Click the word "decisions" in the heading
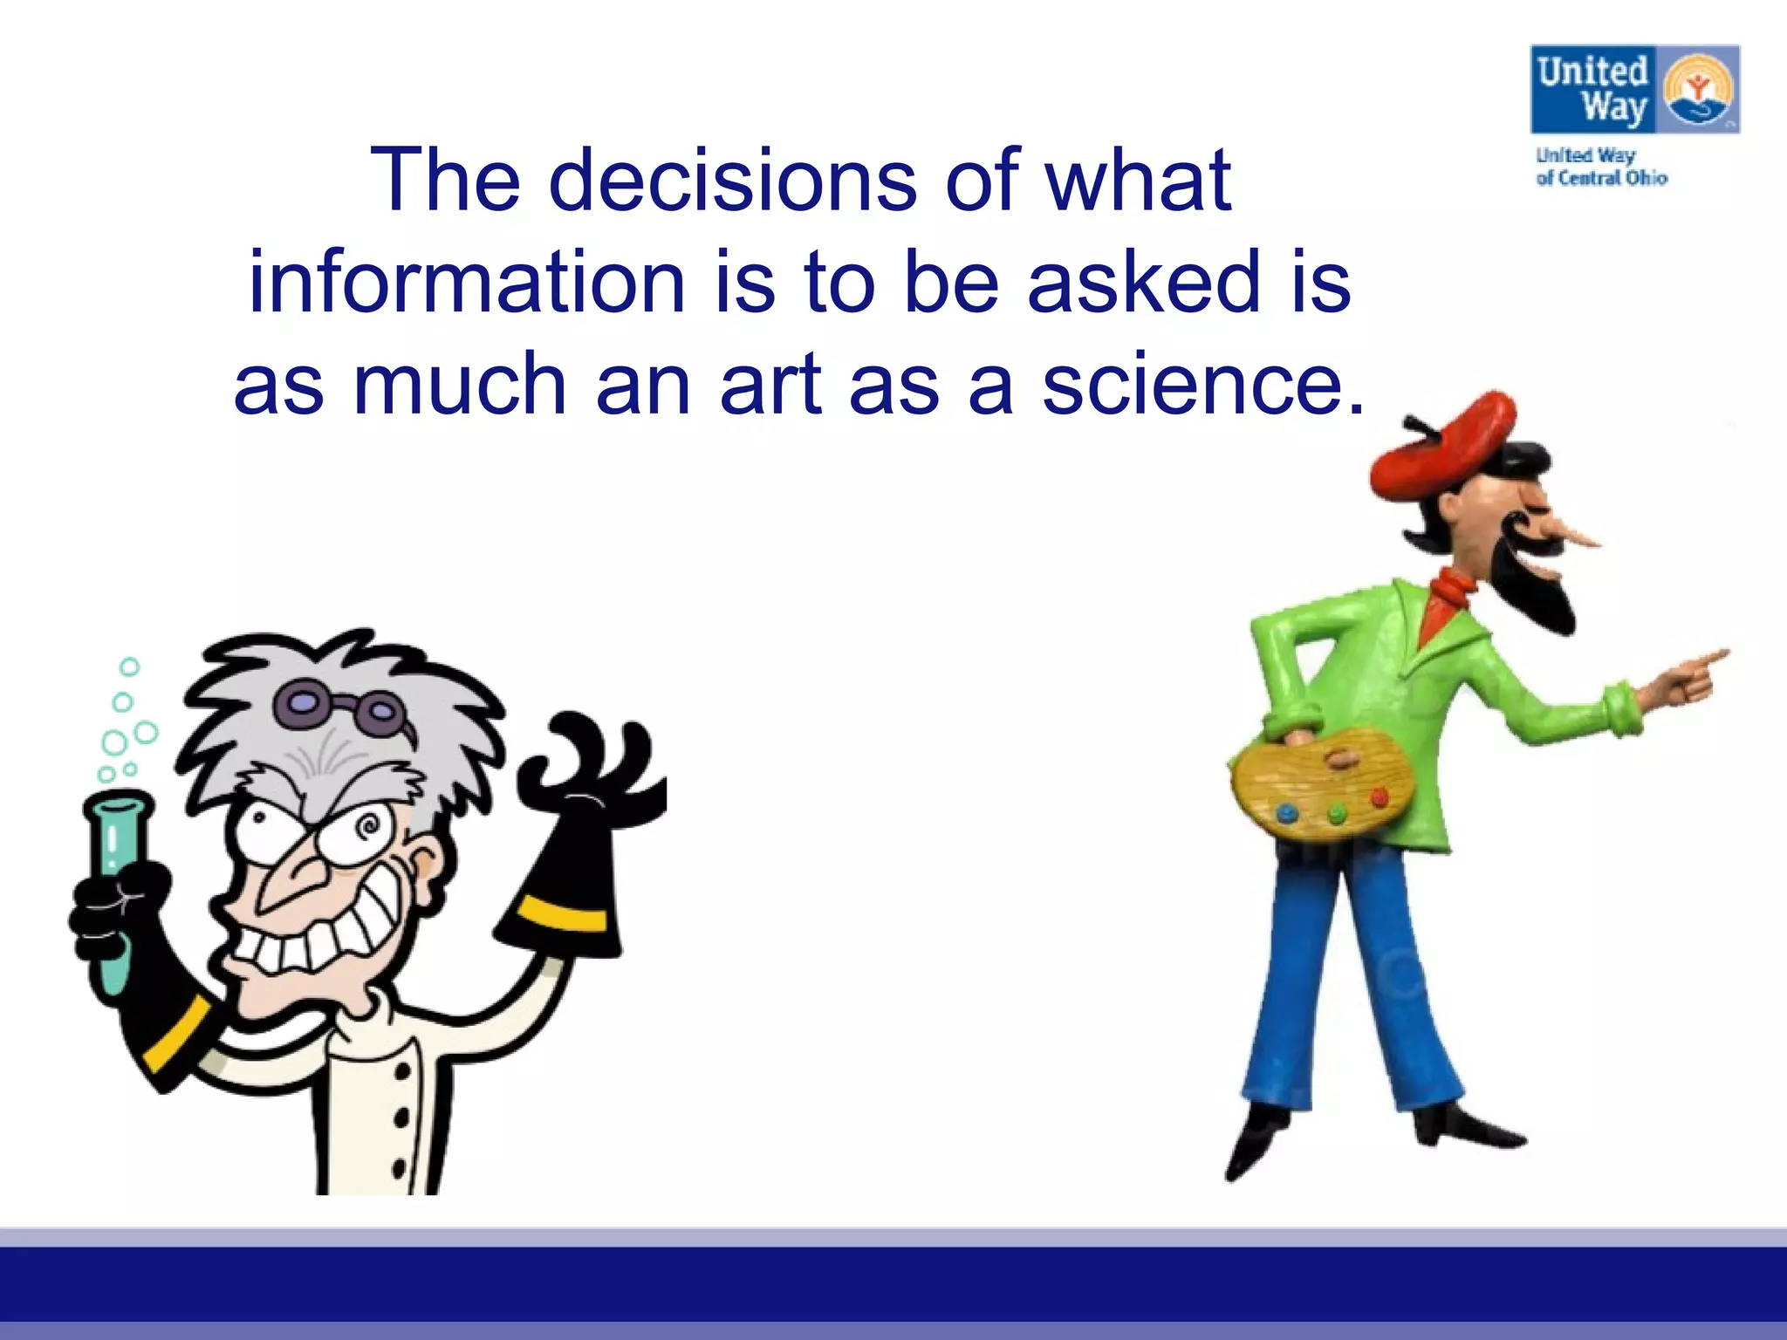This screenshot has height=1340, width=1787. click(733, 181)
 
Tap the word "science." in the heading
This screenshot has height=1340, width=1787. click(1203, 385)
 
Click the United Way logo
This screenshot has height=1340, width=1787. click(1635, 90)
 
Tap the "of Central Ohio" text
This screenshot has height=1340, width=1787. click(1601, 178)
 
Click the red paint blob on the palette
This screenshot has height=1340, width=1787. click(1380, 797)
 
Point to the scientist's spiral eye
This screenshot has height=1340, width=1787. click(367, 824)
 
